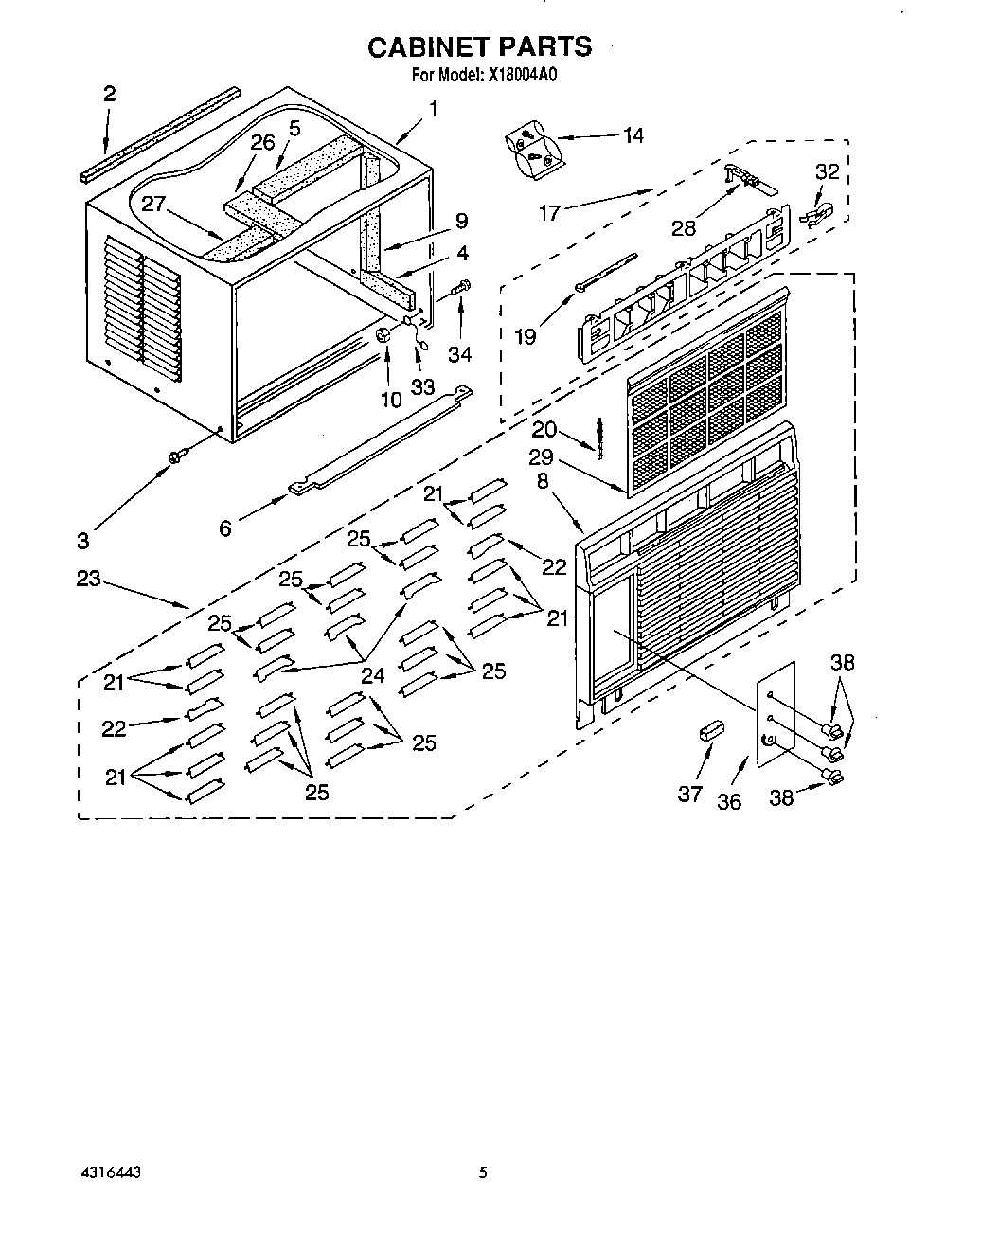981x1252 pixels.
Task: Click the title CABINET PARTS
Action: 479,46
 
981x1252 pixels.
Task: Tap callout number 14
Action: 633,135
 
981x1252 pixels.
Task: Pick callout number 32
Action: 827,171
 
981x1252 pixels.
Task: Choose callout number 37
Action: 689,794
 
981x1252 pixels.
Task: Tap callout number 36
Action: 728,801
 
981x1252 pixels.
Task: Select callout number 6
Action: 225,528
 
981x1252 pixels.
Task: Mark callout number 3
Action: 83,540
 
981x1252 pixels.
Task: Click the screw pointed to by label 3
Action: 175,458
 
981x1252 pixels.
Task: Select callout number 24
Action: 373,675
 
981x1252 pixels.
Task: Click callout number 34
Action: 460,354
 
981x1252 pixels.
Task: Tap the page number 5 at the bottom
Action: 483,1172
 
